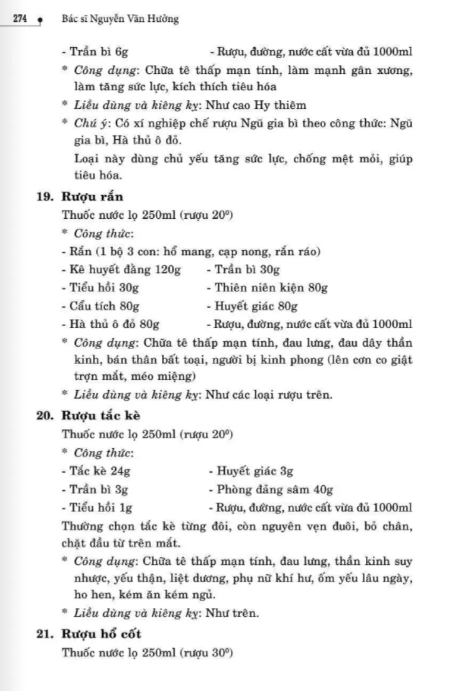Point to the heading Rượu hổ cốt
pos(101,634)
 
